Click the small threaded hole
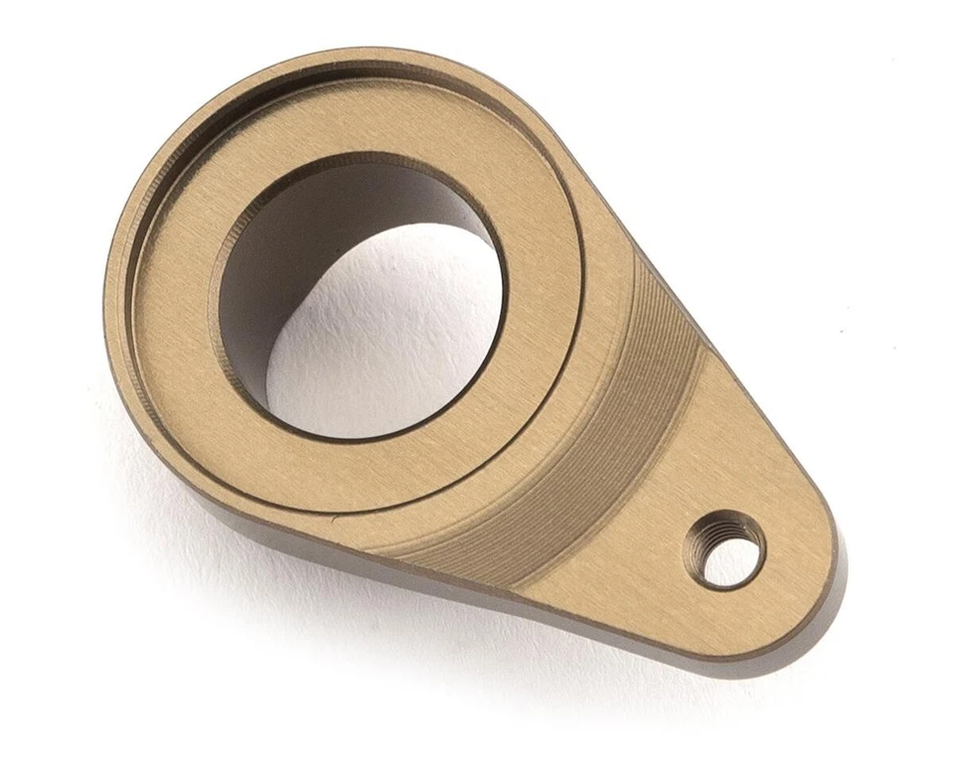(x=725, y=548)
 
